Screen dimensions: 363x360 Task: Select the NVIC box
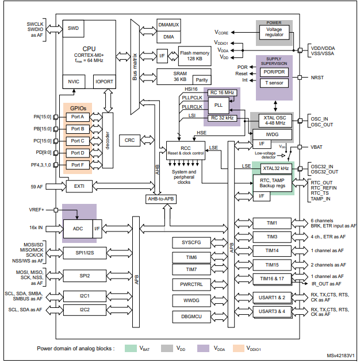coord(74,82)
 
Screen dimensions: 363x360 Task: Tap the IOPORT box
coord(104,82)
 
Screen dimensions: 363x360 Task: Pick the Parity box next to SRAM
coord(201,80)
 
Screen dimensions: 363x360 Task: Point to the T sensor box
coord(274,82)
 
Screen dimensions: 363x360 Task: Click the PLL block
coord(218,105)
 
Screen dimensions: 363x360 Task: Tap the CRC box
coord(129,140)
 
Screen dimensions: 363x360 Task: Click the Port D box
coord(78,153)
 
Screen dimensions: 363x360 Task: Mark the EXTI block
coord(79,186)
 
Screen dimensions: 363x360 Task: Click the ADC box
coord(77,229)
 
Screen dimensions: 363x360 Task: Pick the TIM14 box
coord(271,250)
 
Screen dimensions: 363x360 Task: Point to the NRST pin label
coord(319,77)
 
